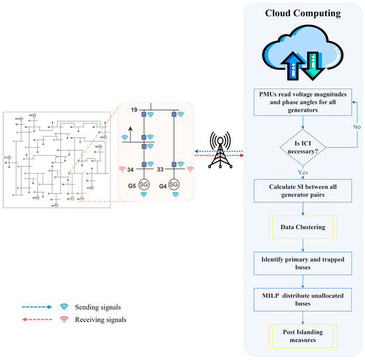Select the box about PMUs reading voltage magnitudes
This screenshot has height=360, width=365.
[x=303, y=103]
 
